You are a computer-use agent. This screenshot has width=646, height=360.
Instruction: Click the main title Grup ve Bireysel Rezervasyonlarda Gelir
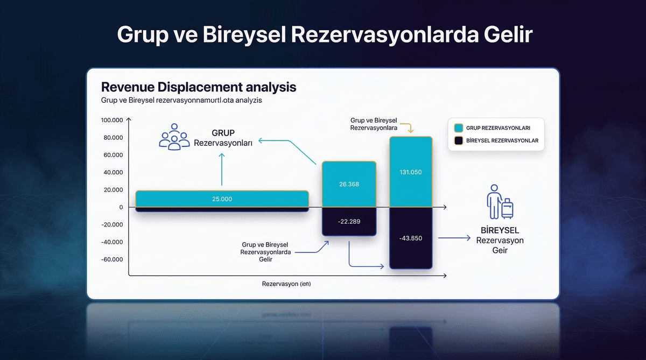tap(325, 36)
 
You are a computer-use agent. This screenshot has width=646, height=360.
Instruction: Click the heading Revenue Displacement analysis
tap(199, 87)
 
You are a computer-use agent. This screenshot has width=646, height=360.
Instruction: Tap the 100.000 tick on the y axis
tap(112, 120)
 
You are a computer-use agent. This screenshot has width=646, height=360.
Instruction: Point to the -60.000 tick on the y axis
tap(112, 259)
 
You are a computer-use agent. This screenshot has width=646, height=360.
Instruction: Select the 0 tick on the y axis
tap(121, 207)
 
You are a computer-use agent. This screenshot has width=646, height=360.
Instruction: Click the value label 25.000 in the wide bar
tap(222, 199)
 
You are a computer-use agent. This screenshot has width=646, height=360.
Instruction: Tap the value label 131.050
tap(411, 173)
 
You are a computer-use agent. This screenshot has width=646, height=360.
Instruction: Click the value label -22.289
tap(348, 221)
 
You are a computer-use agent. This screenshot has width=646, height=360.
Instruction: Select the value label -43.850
tap(411, 238)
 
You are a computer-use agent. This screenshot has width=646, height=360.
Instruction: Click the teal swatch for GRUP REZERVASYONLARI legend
tap(459, 128)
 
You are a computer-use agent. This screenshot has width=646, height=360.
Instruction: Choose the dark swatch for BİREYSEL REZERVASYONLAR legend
tap(459, 141)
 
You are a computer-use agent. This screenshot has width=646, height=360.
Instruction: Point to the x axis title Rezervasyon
tap(286, 283)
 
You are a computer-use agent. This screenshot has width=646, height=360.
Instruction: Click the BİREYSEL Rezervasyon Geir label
tap(500, 240)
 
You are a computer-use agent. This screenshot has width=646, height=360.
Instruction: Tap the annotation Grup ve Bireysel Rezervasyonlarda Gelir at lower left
tap(265, 252)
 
